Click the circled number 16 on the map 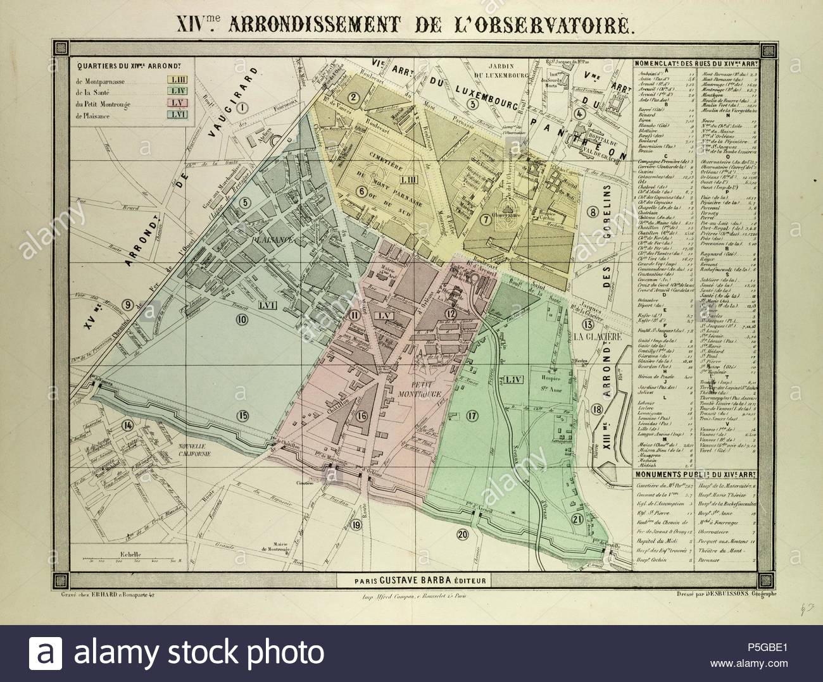pos(361,416)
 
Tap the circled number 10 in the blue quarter pos(241,320)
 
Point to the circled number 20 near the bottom pos(462,535)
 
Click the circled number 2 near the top pos(354,97)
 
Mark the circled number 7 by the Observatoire pos(486,220)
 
